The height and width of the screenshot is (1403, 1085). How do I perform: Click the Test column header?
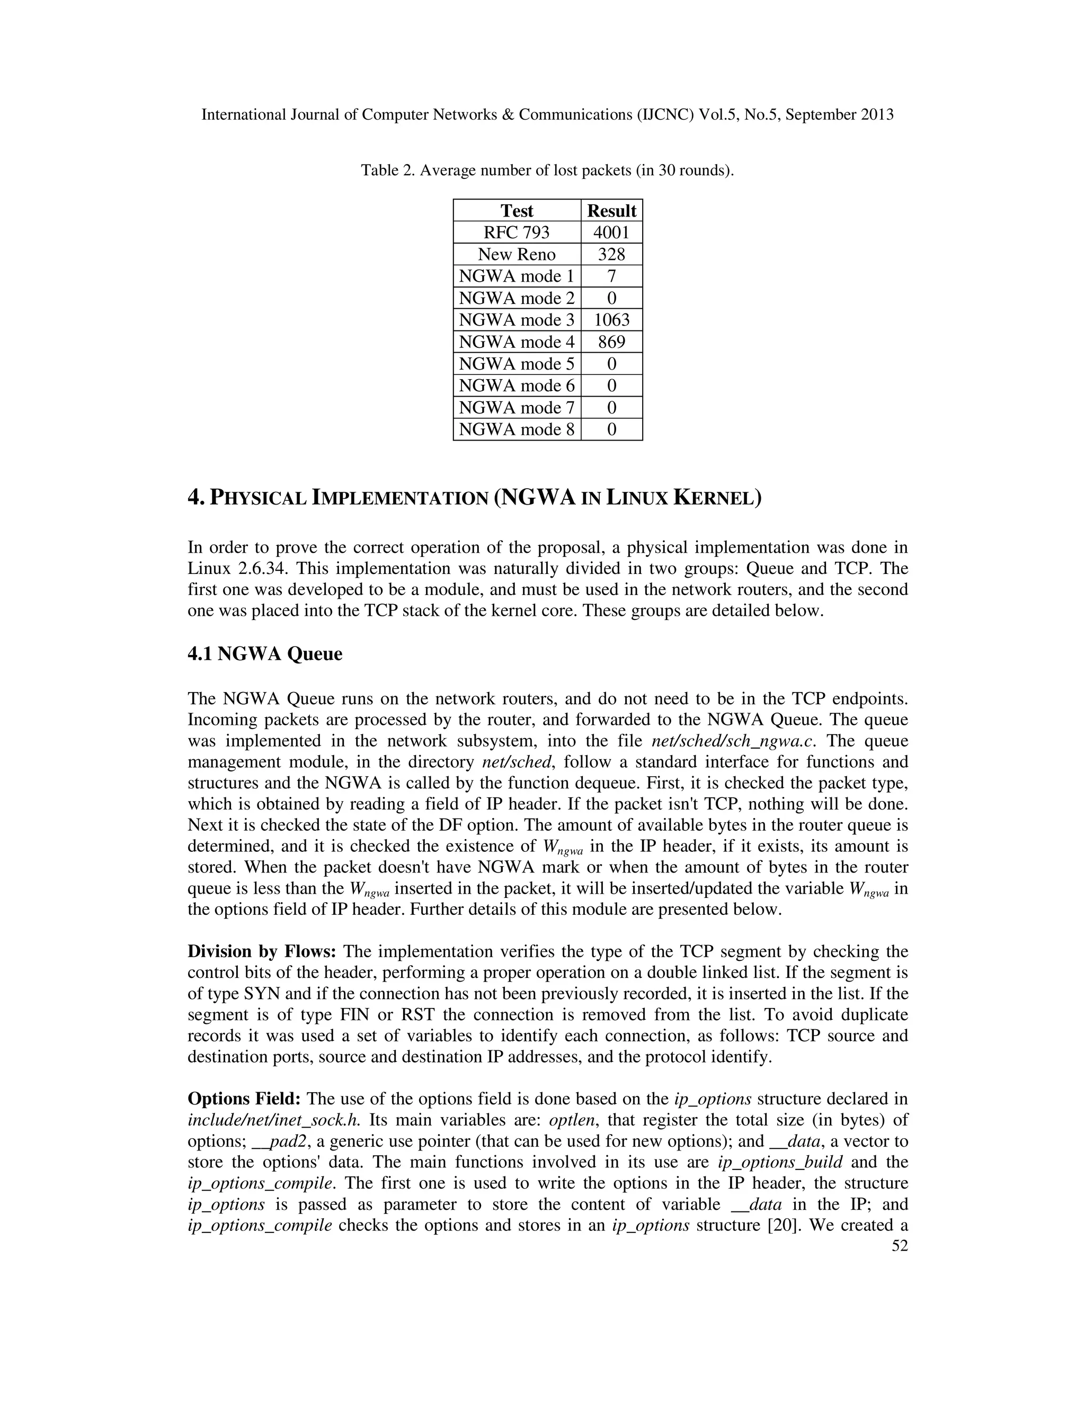[516, 211]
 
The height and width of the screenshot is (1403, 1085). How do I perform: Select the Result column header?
[611, 211]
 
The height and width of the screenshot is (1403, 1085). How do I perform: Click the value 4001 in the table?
[611, 232]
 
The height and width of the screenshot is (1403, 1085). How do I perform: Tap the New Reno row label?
[516, 254]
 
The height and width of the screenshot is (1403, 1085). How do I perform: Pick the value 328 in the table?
[611, 254]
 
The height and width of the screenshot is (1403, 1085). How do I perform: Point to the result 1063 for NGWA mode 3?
[611, 320]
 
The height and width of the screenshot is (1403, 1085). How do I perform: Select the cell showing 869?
[611, 342]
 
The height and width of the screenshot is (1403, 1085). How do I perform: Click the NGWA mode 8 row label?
[516, 429]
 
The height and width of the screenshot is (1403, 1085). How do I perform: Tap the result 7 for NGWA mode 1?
[611, 276]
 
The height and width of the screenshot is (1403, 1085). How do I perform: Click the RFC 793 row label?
[516, 232]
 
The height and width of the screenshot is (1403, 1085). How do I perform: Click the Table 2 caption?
[547, 171]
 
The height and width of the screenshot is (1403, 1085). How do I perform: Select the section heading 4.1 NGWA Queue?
[265, 654]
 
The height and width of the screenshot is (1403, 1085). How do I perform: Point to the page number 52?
[900, 1246]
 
